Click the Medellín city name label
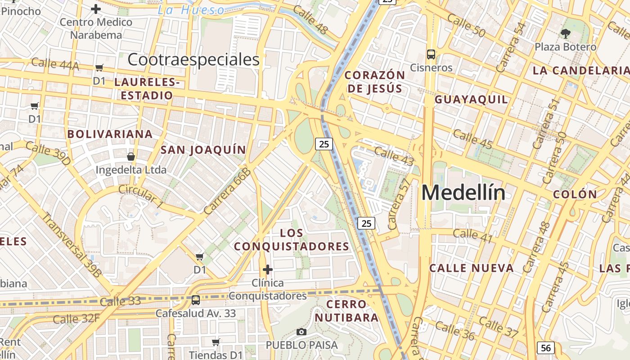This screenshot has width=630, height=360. pyautogui.click(x=463, y=193)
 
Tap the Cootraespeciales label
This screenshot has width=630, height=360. pyautogui.click(x=193, y=59)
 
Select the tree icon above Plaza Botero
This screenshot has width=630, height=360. pyautogui.click(x=565, y=33)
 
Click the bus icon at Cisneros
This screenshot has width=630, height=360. pyautogui.click(x=431, y=54)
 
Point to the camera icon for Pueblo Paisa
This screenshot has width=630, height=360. pyautogui.click(x=301, y=332)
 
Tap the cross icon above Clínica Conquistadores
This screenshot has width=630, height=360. pyautogui.click(x=268, y=270)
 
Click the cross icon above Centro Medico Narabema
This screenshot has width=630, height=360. pyautogui.click(x=96, y=9)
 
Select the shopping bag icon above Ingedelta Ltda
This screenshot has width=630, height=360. pyautogui.click(x=131, y=157)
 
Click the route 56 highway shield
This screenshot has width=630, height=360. pyautogui.click(x=545, y=348)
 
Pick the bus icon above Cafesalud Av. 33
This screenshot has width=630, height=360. pyautogui.click(x=195, y=300)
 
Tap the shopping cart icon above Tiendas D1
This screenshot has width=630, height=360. pyautogui.click(x=216, y=342)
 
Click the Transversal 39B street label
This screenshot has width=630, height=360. pyautogui.click(x=72, y=244)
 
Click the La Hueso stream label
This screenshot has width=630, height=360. pyautogui.click(x=191, y=10)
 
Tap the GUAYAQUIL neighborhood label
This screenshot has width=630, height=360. pyautogui.click(x=471, y=99)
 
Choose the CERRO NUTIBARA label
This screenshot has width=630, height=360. pyautogui.click(x=346, y=311)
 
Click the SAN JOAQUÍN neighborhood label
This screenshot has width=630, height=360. pyautogui.click(x=203, y=150)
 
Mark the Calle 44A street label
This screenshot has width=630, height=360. pyautogui.click(x=55, y=64)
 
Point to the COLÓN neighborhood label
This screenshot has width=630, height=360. pyautogui.click(x=575, y=195)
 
